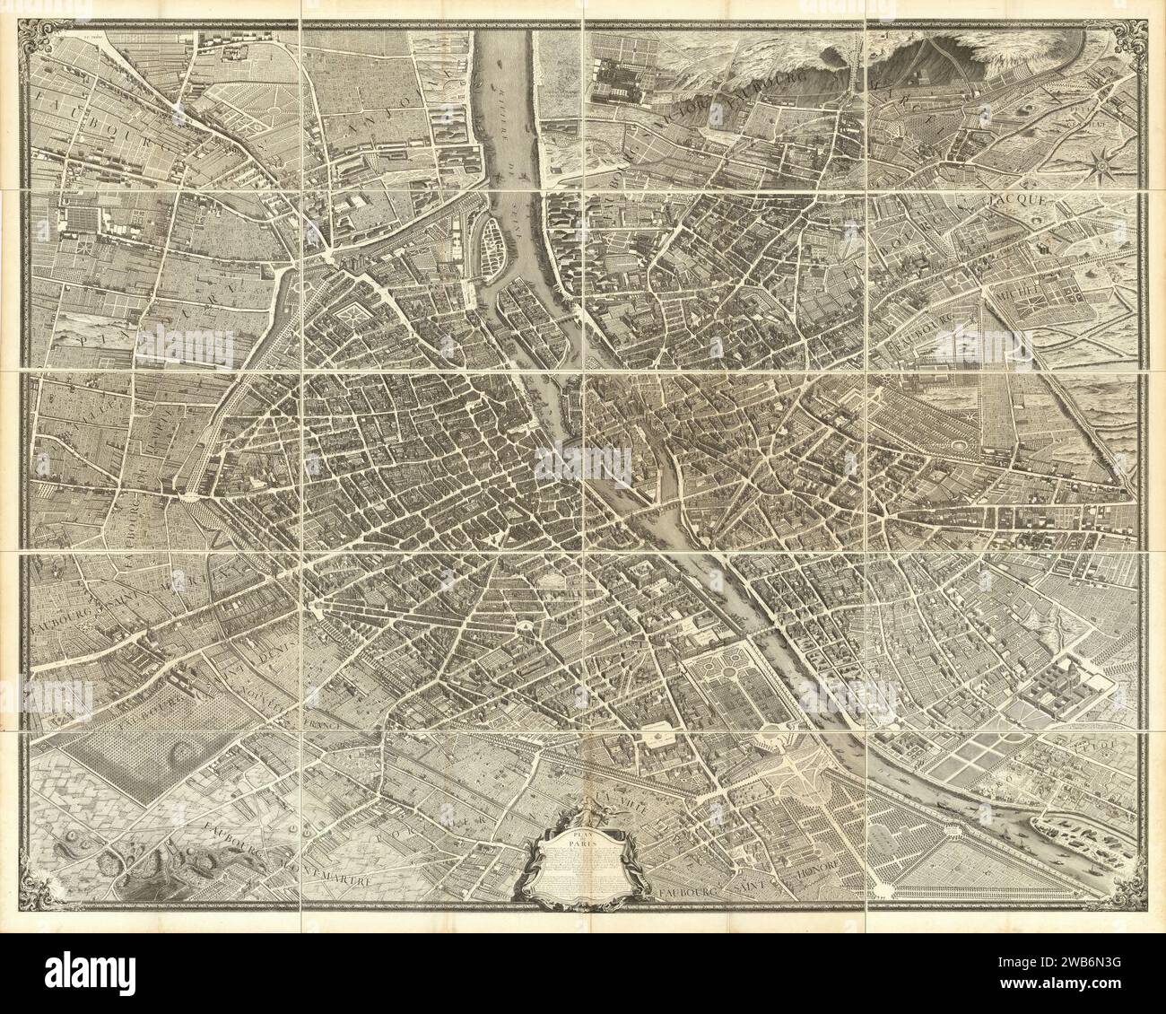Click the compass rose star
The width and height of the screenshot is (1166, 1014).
pos(1102,162)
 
